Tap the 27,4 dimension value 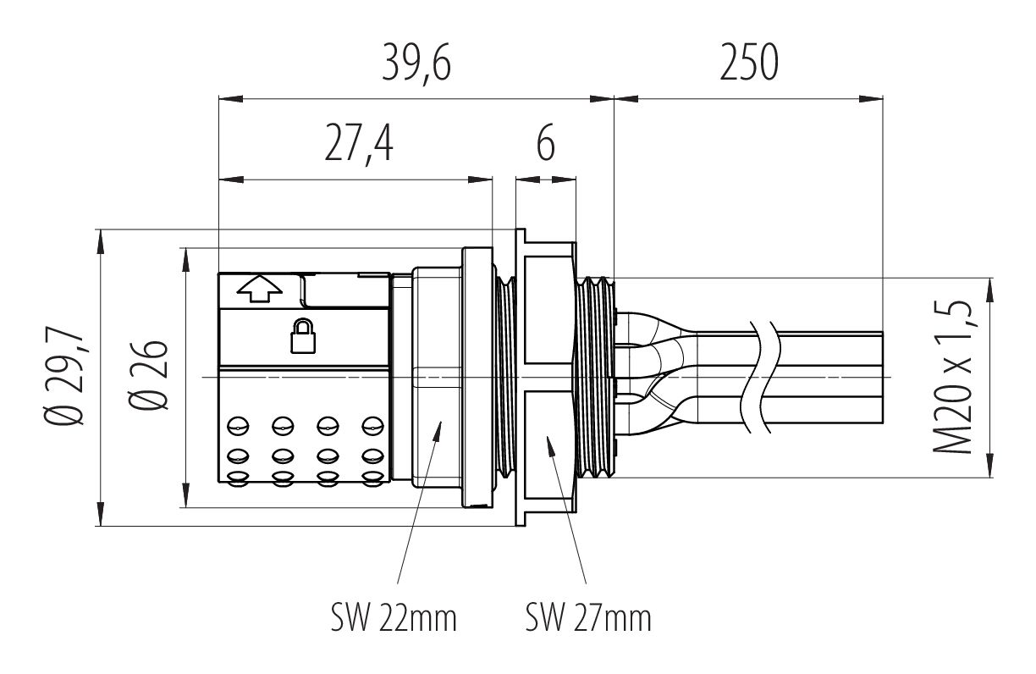coord(359,145)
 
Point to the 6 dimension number coord(546,145)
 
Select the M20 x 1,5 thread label coord(951,378)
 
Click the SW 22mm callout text coord(394,618)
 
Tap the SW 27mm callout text coord(588,618)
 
